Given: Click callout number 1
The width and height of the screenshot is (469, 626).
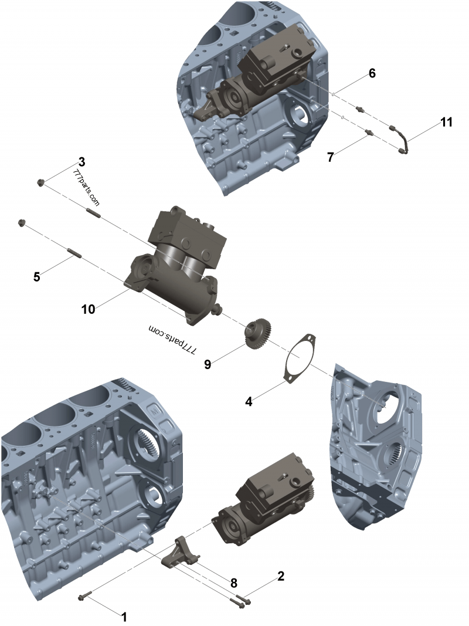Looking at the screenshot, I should (124, 617).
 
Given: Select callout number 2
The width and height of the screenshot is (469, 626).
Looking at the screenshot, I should (281, 576).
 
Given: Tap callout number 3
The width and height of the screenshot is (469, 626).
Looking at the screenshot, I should (81, 161).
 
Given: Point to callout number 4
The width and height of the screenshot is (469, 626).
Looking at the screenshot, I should (249, 402).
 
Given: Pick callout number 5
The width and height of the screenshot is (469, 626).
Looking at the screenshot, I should (36, 276).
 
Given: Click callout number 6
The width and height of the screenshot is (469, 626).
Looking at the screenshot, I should (372, 73).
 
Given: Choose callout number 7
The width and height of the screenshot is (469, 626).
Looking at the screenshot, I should (331, 157).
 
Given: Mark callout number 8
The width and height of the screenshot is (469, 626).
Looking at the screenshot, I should (233, 583).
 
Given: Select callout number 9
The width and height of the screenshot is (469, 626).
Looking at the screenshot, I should (207, 364).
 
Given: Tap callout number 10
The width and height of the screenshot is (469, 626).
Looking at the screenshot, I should (88, 309).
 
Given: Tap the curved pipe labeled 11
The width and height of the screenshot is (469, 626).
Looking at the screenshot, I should (403, 141).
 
